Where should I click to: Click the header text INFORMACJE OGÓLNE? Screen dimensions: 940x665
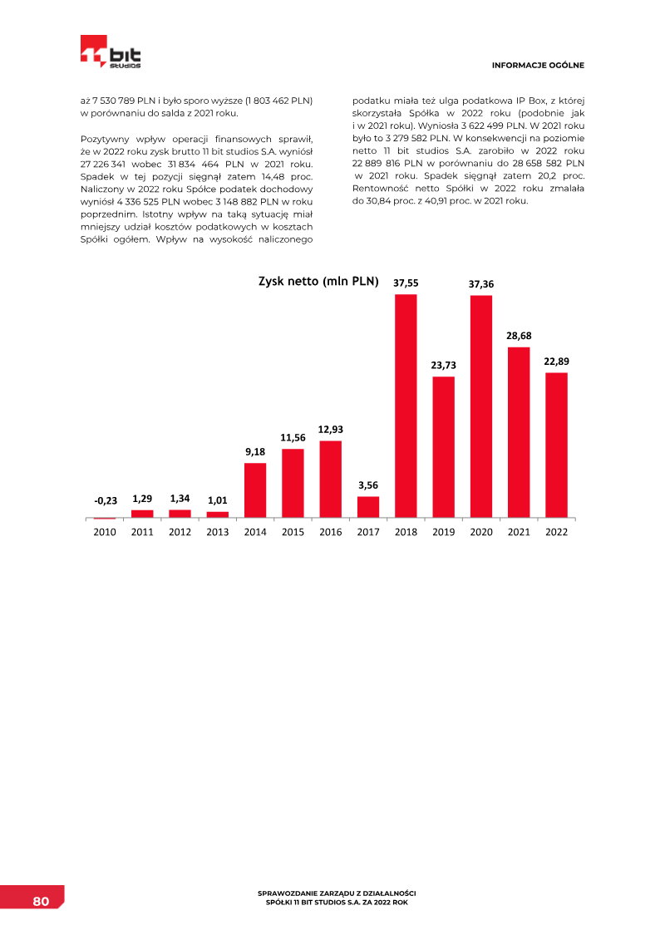tap(538, 65)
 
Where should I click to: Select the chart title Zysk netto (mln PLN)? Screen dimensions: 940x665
tap(318, 282)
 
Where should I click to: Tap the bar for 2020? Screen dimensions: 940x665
tap(481, 406)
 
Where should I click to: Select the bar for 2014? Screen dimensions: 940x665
tap(255, 490)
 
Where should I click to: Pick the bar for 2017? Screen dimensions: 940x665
tap(368, 507)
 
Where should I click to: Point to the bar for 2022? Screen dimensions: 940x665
tap(556, 445)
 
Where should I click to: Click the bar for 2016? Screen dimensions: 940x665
tap(330, 479)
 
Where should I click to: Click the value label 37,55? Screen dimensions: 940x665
tap(406, 283)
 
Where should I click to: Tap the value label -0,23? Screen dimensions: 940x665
tap(105, 500)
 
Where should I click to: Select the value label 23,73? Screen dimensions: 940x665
tap(444, 365)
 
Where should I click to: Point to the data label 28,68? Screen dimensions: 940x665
tap(519, 335)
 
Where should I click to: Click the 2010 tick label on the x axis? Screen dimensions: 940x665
tap(105, 532)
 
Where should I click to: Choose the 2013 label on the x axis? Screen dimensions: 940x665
tap(218, 532)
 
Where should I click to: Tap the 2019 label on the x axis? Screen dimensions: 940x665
tap(444, 532)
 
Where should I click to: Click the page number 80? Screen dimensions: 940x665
tap(42, 902)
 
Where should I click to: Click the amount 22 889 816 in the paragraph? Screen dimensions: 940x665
tap(378, 164)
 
